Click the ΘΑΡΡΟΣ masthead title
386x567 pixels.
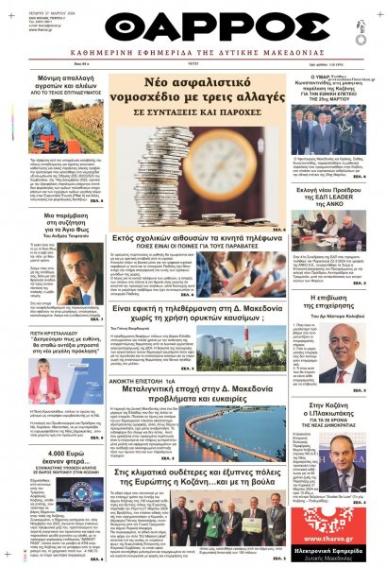193,24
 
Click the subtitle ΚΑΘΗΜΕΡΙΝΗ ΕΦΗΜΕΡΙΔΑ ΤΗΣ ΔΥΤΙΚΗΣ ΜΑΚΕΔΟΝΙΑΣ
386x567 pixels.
193,56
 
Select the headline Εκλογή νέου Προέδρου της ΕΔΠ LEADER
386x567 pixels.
335,197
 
